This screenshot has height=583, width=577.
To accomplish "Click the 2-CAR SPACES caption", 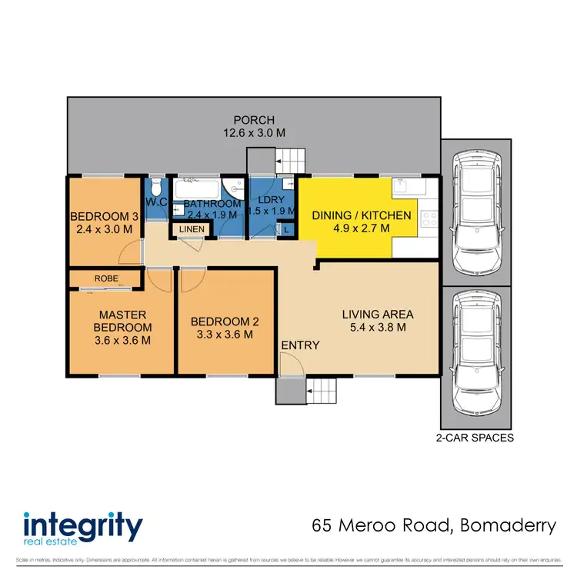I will click(475, 438).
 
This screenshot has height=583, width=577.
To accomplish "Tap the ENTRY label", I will click(300, 345).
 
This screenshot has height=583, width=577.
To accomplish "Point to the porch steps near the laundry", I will click(290, 162).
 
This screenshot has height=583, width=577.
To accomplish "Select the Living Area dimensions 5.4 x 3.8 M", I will click(378, 328).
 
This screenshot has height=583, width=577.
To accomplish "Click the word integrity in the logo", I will click(83, 528).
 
